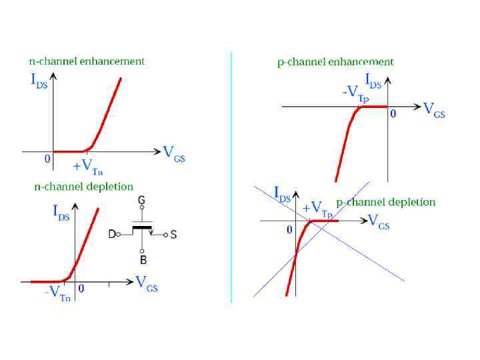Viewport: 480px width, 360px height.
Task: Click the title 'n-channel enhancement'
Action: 87,61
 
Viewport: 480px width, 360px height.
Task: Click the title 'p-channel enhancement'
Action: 335,62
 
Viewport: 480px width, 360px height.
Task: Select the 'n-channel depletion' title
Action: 84,187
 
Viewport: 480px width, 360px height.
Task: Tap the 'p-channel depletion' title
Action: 386,202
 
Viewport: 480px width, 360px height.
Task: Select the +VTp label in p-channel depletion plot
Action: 317,209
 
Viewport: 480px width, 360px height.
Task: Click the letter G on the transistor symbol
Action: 141,200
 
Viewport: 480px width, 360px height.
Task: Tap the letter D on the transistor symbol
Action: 113,234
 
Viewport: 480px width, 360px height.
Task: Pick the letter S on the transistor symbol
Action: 173,235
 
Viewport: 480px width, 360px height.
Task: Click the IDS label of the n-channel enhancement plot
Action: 39,81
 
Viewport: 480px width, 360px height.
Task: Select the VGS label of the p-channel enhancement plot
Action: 434,111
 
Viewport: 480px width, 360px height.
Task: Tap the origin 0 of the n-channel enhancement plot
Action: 47,159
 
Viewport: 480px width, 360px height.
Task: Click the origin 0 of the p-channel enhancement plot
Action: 393,114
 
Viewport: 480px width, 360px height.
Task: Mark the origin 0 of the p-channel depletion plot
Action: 289,229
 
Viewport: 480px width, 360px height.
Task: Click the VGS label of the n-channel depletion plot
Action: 147,283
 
